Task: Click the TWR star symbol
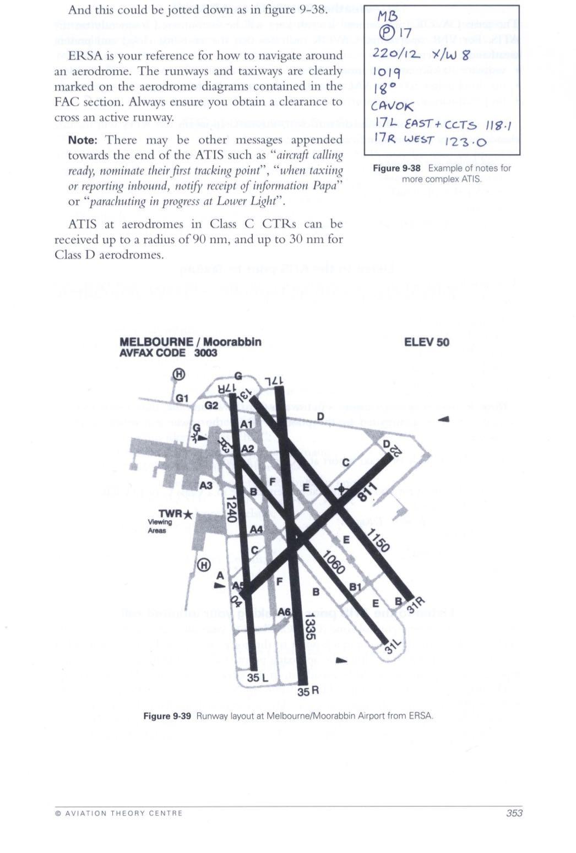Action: tap(187, 514)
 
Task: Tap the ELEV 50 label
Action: tap(426, 342)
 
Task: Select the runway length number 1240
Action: tap(232, 509)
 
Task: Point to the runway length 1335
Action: tap(310, 626)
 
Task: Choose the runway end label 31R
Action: tap(417, 604)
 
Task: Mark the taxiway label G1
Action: tap(182, 398)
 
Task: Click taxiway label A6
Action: tap(284, 612)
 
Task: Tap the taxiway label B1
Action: tap(356, 587)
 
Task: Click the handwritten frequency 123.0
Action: tap(465, 142)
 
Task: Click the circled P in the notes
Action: tap(383, 33)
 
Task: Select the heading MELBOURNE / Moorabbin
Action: tap(191, 342)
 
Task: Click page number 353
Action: tap(514, 813)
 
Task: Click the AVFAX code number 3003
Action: tap(205, 353)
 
